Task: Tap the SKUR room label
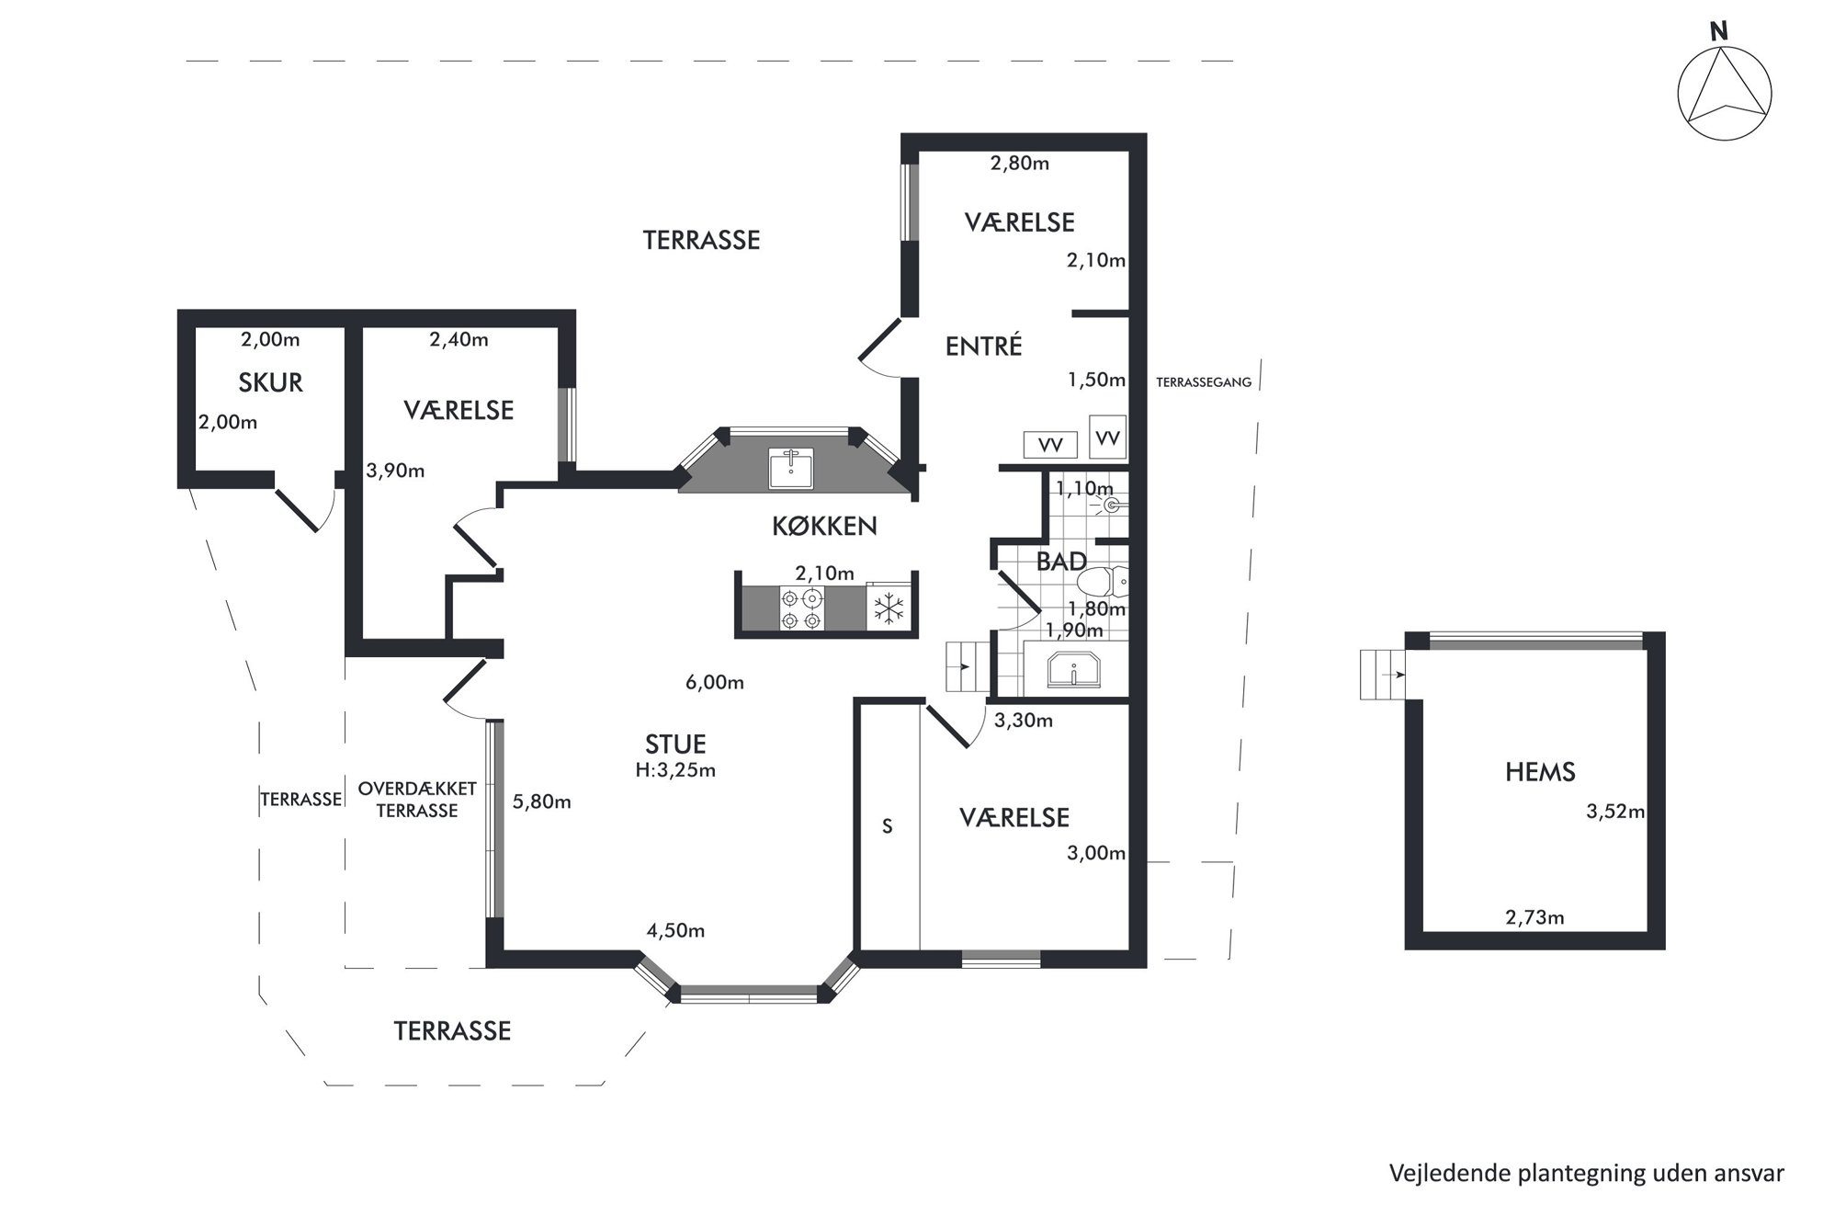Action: (270, 382)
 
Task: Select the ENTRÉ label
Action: (983, 346)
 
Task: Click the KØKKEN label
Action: (824, 526)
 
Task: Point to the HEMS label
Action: (1540, 772)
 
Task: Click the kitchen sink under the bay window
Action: (790, 469)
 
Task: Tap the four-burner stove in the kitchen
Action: (800, 609)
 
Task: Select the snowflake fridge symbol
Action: (889, 608)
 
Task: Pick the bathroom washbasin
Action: (1073, 669)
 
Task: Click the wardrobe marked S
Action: (888, 825)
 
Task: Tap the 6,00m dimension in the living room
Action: (715, 682)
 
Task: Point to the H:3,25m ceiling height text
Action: (675, 770)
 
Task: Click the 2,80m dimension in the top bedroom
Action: (1020, 164)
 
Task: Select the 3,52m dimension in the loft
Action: (1615, 812)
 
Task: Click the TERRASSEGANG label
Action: (1204, 382)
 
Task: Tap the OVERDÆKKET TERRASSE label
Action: (417, 800)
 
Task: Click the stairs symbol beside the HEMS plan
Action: (1382, 675)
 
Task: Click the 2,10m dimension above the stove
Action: (824, 574)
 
